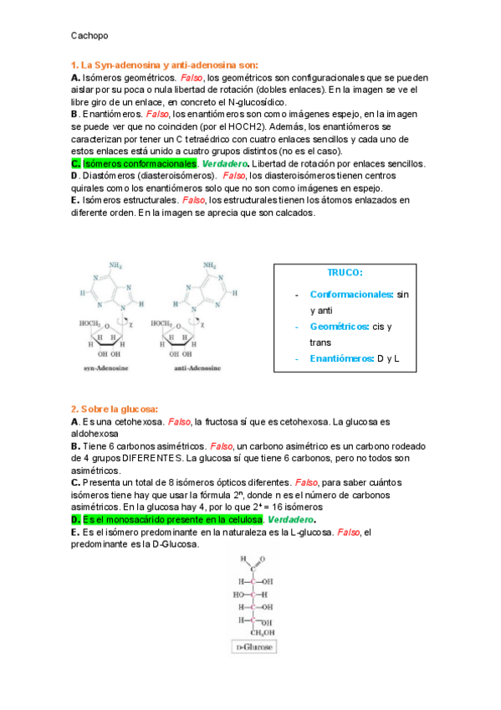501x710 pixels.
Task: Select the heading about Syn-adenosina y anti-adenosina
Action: (x=165, y=64)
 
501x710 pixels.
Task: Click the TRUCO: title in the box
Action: (x=344, y=272)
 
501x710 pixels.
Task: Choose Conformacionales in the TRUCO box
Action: (x=350, y=294)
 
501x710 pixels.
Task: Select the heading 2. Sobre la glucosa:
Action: (x=115, y=409)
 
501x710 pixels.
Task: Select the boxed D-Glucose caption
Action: (x=254, y=647)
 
